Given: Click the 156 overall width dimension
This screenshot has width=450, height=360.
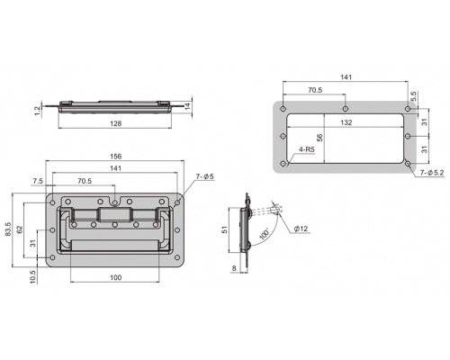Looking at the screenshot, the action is click(x=116, y=157).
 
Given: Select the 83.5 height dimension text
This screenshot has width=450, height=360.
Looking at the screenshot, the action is click(x=8, y=229).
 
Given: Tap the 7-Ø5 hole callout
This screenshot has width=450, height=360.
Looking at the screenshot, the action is click(x=205, y=176).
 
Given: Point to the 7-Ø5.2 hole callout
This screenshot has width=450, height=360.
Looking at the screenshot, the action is click(x=432, y=173).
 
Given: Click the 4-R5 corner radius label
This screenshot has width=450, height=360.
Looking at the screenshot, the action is click(x=307, y=149).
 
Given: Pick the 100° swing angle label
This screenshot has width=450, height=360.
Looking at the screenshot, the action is click(x=264, y=234).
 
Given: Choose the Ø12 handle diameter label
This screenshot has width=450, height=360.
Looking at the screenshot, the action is click(x=301, y=229).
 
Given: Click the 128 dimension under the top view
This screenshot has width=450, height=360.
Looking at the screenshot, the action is click(x=116, y=123).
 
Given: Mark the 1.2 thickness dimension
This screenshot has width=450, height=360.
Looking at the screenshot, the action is click(x=38, y=111).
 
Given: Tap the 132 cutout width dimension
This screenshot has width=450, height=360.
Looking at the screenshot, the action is click(x=346, y=122).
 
